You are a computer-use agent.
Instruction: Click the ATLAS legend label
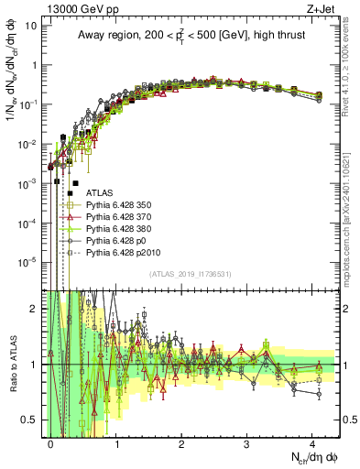(99, 194)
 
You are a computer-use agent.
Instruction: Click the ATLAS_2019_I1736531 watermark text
(191, 274)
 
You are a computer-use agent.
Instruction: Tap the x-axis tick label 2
(181, 442)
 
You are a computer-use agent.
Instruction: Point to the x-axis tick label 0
(51, 442)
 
